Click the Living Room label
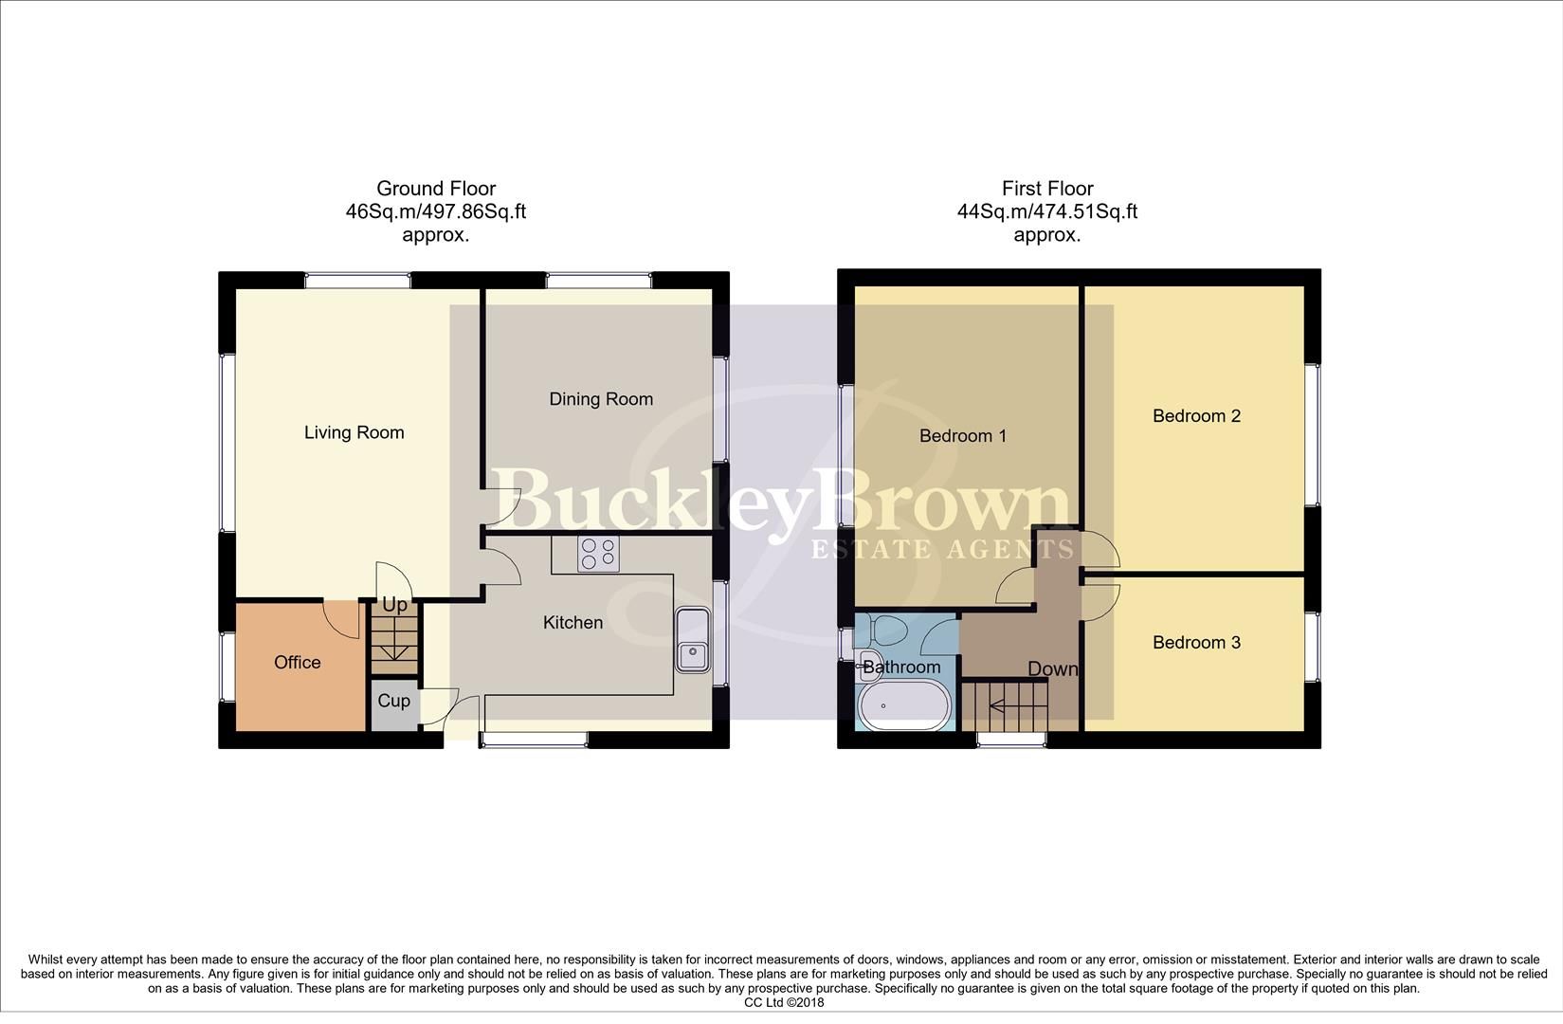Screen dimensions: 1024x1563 tap(354, 432)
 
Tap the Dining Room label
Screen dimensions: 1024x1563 tap(601, 399)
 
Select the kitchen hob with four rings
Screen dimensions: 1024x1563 tap(598, 554)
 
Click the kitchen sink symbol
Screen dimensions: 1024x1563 tap(693, 640)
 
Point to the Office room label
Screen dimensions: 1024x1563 tap(297, 662)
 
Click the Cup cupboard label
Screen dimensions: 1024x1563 tap(393, 701)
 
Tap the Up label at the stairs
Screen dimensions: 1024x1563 tap(394, 605)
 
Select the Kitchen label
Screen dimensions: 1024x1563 tap(572, 622)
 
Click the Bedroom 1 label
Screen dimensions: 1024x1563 tap(962, 435)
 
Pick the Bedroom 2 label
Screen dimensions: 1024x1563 tap(1196, 415)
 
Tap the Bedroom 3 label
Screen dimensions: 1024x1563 tap(1196, 642)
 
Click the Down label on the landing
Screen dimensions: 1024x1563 tap(1052, 668)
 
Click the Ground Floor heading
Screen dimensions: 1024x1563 tap(435, 189)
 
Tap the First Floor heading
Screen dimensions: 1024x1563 tap(1046, 189)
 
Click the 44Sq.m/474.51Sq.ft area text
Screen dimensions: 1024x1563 tap(1046, 211)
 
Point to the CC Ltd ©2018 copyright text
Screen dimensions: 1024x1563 tap(784, 1002)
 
